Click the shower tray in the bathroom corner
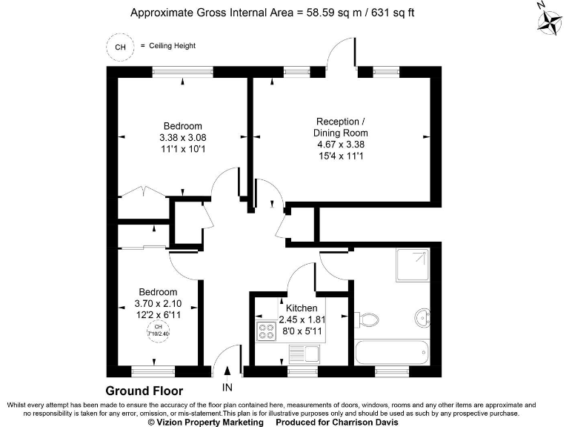tap(410, 265)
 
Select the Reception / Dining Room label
tap(341, 127)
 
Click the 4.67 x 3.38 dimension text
tap(341, 145)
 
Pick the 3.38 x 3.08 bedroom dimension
tap(182, 137)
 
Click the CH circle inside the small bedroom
tap(157, 330)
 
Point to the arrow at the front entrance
tap(227, 371)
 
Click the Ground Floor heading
tap(144, 391)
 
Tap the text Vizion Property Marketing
tap(205, 421)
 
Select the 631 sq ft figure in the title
tap(399, 13)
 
